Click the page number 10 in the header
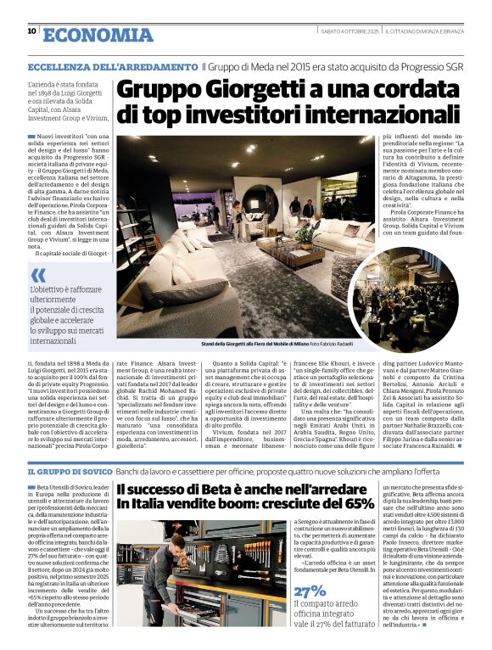tap(31, 31)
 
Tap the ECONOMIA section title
tap(98, 34)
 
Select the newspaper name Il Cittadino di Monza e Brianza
tap(423, 31)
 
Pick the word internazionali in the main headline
tap(350, 112)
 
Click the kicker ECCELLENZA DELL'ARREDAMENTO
tap(112, 66)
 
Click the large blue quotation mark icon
tap(37, 276)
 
